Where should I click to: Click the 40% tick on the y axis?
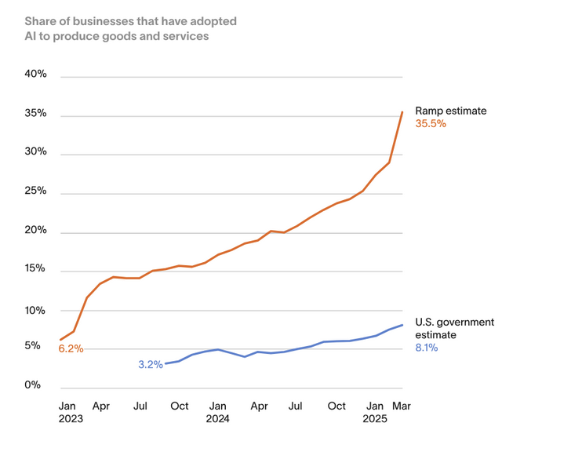(36, 75)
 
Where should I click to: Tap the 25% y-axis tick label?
(36, 191)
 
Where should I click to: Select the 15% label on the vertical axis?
(36, 269)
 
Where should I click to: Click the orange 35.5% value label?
(431, 124)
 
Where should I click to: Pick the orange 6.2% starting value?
(71, 348)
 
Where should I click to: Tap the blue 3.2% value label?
(150, 364)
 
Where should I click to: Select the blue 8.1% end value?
(426, 348)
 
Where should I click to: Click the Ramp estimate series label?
(450, 111)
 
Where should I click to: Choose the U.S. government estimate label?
(454, 328)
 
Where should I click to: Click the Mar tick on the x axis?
(402, 406)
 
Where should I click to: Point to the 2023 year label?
(71, 419)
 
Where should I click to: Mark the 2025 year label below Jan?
(375, 419)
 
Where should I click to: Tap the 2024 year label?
(217, 419)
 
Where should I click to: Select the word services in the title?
(187, 36)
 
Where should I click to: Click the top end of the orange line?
(402, 112)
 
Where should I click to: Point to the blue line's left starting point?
(165, 364)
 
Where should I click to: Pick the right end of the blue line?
(402, 325)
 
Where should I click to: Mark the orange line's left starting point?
(60, 340)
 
